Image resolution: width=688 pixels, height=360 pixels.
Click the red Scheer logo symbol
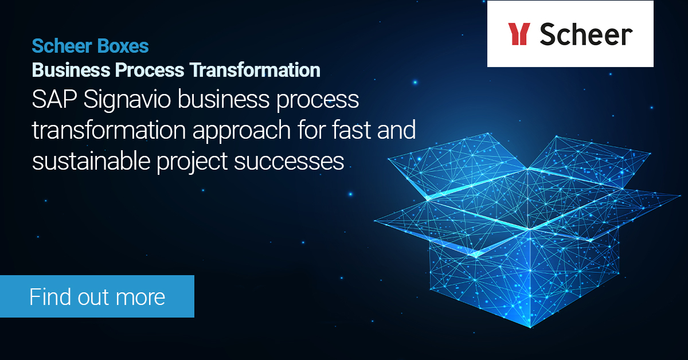coord(518,34)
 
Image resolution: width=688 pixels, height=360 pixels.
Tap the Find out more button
coord(97,296)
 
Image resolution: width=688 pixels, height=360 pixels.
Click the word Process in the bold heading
coord(150,70)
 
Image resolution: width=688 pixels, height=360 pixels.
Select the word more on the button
coord(140,297)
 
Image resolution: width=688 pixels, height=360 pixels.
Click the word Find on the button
coord(49,297)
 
